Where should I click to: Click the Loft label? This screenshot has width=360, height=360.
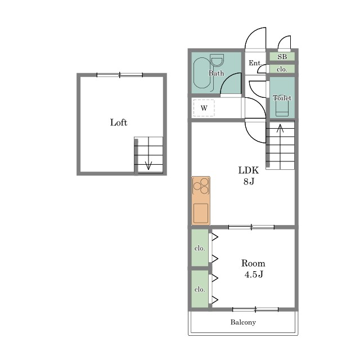coord(119,123)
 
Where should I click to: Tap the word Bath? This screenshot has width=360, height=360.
coord(216,73)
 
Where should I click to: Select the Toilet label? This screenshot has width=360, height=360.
coord(282,98)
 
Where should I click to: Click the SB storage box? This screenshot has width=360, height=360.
coord(282,57)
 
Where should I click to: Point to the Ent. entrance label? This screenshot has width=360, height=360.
coord(255,63)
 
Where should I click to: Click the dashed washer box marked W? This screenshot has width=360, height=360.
coord(204,107)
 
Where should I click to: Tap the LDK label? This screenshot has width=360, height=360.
coord(249,170)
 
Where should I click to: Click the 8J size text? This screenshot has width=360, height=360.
coord(249,182)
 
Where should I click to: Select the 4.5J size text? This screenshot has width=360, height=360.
coord(254,274)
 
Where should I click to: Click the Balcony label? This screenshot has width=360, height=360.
coord(243,322)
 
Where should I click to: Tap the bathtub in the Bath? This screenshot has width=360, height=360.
coord(202,73)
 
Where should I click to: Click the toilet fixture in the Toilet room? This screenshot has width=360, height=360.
coord(282,108)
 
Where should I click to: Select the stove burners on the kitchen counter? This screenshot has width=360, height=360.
coord(201,186)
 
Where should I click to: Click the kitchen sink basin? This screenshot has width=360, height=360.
coord(201,213)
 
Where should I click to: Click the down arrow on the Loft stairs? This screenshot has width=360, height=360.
coord(148,154)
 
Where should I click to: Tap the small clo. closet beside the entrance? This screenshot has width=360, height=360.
coord(282,69)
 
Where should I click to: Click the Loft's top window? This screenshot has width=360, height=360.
coord(120,75)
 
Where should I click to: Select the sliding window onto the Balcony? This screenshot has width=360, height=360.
coord(255,309)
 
